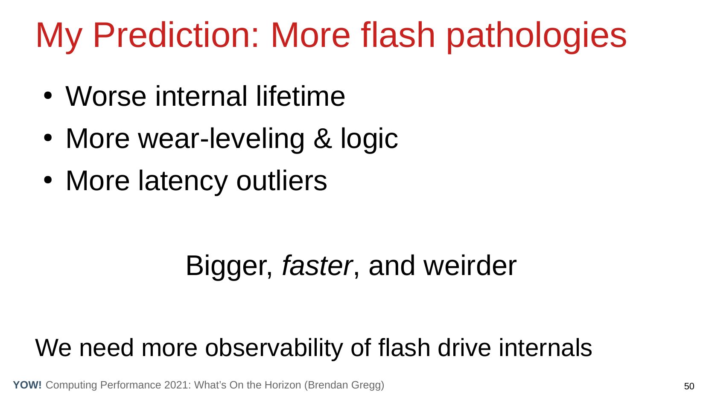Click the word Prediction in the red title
point(175,35)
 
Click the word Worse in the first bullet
point(106,96)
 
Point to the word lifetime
point(300,96)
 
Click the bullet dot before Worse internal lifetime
point(47,96)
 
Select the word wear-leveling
point(221,139)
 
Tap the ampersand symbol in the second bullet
point(323,139)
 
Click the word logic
point(369,139)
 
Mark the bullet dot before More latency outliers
point(47,180)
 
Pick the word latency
point(183,181)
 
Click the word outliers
point(281,181)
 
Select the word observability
point(274,348)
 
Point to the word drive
point(464,348)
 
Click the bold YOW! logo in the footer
point(27,385)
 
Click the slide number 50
point(689,386)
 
